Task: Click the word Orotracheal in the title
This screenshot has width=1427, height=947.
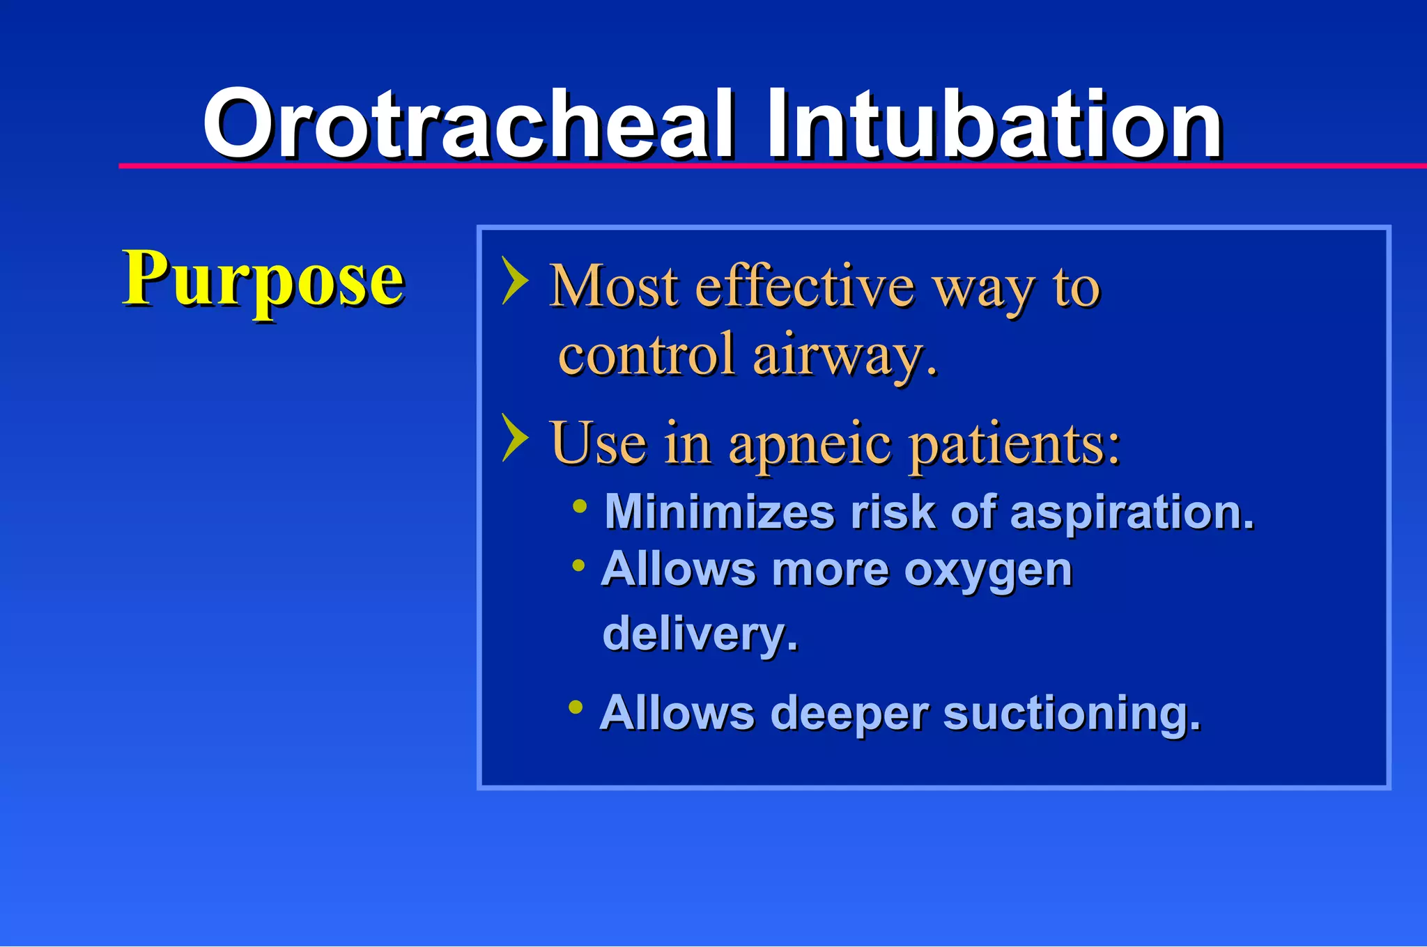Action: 468,125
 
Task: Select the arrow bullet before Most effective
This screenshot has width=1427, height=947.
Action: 514,281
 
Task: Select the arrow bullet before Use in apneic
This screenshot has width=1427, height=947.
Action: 514,438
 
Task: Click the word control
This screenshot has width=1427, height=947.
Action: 647,354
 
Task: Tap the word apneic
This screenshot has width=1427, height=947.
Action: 810,444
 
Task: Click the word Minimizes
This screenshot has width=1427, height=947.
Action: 719,512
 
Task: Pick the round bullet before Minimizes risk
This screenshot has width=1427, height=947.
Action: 580,506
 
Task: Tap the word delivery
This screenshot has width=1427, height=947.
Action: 700,634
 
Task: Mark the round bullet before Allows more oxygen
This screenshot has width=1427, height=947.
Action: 578,565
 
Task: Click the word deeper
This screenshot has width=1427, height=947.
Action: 849,714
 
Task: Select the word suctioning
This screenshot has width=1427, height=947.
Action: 1072,714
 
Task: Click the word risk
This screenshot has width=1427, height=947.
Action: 893,512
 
